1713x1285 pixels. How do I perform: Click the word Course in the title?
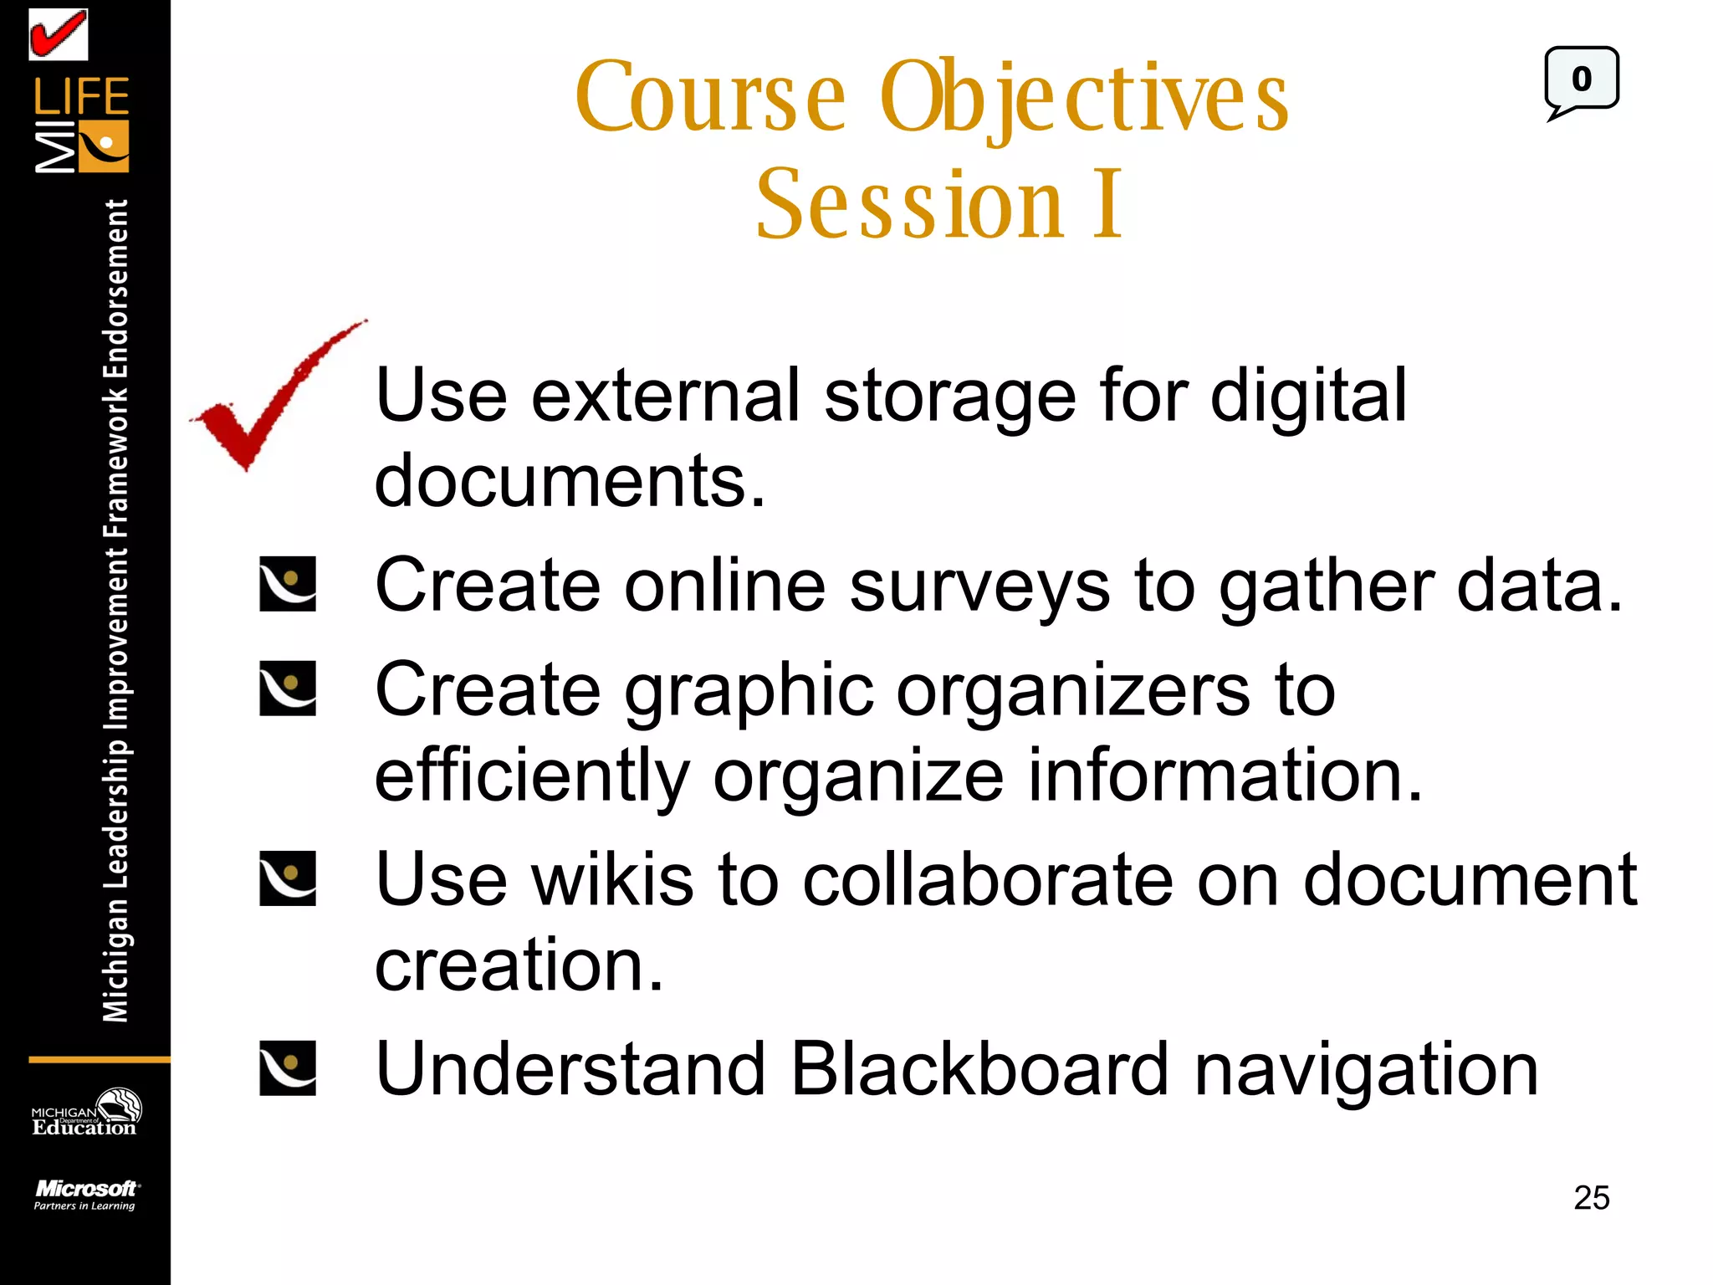[x=711, y=99]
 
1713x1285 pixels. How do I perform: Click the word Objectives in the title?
[x=1084, y=99]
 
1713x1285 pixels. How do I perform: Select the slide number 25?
[x=1591, y=1198]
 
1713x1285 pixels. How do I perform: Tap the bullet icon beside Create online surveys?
[x=288, y=584]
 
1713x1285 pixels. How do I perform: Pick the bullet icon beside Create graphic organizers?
[x=288, y=689]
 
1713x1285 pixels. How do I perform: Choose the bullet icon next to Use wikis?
[x=288, y=878]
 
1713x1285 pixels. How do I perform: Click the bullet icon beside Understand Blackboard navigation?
[x=288, y=1068]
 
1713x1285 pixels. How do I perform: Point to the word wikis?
[x=612, y=880]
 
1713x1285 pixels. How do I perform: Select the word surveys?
[x=979, y=587]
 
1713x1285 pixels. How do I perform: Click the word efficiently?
[x=532, y=776]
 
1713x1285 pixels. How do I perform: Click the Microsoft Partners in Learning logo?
[x=85, y=1195]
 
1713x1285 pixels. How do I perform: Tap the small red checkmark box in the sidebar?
[x=59, y=35]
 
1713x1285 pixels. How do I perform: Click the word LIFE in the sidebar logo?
[x=81, y=97]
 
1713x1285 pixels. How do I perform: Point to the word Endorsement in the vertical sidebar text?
[x=115, y=289]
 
